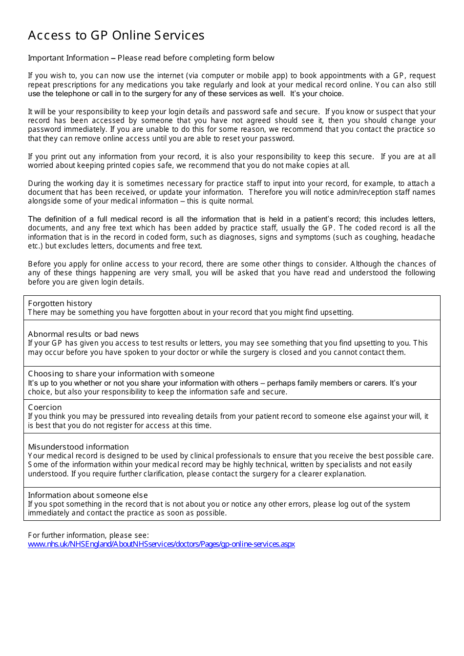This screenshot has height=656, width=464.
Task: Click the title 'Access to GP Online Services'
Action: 116,36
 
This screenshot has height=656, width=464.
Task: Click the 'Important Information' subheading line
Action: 151,58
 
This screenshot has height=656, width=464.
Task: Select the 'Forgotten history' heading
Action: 60,304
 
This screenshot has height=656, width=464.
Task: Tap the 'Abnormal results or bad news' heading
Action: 83,334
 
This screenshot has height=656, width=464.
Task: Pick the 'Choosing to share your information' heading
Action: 121,374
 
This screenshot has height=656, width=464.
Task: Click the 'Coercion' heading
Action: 45,408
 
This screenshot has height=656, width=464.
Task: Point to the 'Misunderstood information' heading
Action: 78,447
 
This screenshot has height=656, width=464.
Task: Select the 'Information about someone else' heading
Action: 87,495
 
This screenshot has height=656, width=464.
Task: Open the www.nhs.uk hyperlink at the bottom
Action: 161,544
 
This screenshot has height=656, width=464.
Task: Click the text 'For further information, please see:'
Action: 88,535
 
